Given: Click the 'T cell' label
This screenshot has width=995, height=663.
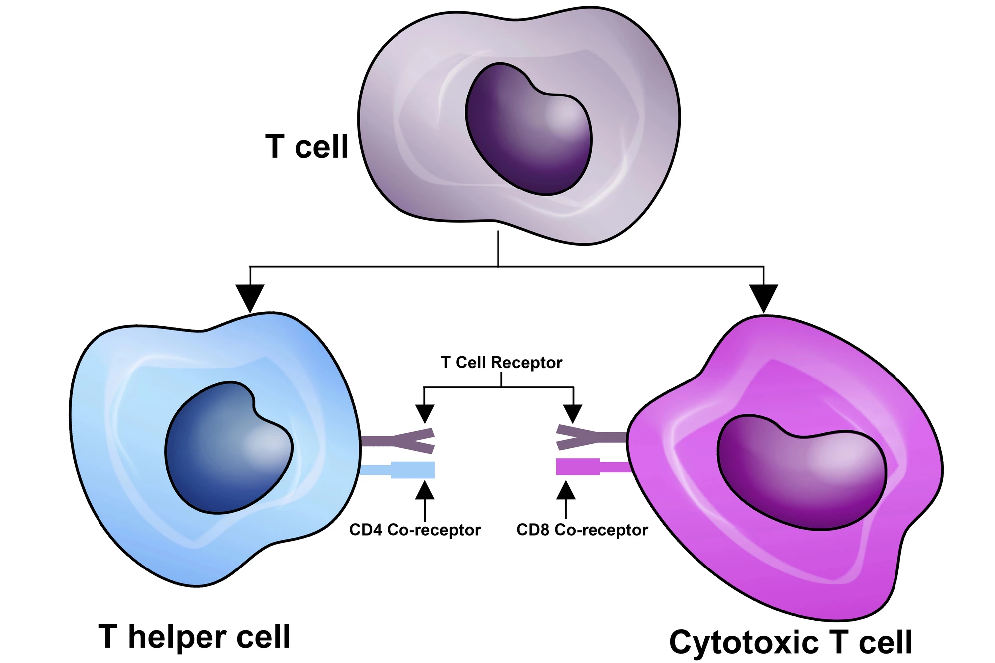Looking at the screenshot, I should pos(306,147).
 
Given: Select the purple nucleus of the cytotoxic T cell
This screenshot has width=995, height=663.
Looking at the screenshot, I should pos(801,473).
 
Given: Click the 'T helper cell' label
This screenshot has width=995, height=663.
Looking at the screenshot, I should pos(194,637).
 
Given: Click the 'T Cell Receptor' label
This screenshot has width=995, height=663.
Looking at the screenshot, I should pos(501,362).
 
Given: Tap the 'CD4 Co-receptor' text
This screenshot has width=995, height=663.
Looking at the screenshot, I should pos(414,530).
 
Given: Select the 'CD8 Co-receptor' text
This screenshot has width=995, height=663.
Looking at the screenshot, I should pos(582,530).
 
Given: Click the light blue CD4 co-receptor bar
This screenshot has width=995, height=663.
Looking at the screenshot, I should pos(412,470).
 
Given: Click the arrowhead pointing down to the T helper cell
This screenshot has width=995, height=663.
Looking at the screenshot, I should pos(250,297).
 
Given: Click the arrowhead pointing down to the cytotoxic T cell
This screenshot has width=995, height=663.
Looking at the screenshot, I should pos(763,297).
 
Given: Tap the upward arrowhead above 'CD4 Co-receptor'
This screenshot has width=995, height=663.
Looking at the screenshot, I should pos(425,491).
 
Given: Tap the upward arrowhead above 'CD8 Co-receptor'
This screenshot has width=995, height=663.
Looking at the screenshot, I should pos(566,491).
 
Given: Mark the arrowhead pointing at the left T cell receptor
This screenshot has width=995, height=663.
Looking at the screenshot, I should pos(424,413).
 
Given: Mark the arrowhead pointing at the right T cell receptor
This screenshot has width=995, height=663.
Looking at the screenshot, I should pos(573,413).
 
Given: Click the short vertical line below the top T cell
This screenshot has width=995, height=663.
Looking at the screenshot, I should pos(498,249).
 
